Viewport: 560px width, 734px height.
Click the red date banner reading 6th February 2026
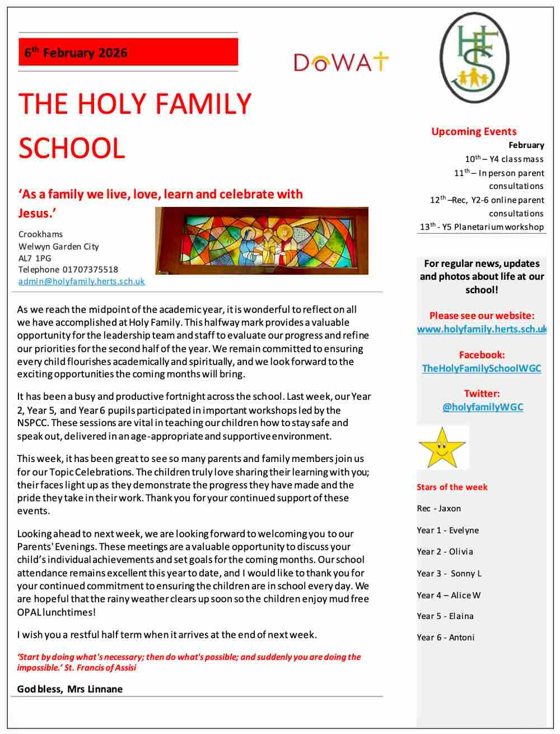tap(128, 53)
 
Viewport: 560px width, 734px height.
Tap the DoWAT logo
tap(340, 62)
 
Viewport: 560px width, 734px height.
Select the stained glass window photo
tap(262, 241)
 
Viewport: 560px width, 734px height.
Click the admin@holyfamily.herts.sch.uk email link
tap(82, 281)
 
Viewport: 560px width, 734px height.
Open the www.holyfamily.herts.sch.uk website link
tap(482, 329)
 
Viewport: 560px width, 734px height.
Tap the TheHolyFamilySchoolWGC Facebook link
tap(482, 368)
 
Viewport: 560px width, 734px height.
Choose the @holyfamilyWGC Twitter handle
tap(482, 407)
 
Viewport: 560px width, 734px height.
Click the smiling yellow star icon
tap(442, 448)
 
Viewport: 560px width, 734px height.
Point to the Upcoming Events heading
tap(474, 132)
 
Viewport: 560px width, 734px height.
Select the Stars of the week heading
tap(452, 487)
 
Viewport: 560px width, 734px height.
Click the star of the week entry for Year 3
tap(449, 573)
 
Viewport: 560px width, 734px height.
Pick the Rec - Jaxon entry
tap(438, 509)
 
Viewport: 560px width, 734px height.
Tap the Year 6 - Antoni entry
tap(445, 638)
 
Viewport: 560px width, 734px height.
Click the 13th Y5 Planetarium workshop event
tap(482, 227)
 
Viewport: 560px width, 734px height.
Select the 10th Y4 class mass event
tap(504, 159)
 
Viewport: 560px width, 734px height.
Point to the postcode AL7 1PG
tap(35, 258)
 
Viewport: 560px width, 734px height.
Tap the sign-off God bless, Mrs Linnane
tap(70, 689)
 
